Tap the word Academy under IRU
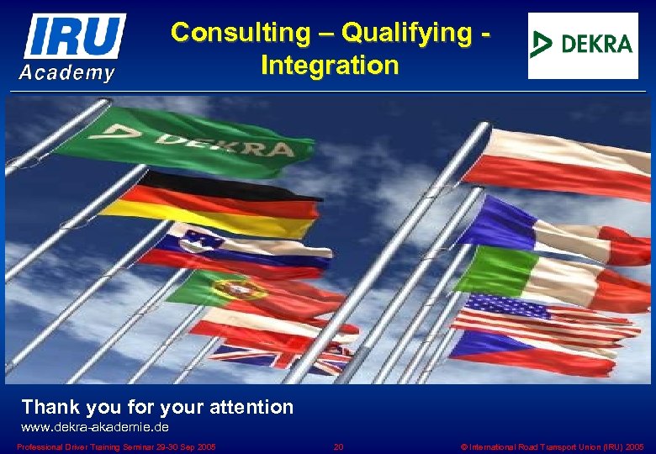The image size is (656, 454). pos(67,73)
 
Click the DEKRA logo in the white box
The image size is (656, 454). pos(583,44)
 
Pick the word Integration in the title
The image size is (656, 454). pos(330,65)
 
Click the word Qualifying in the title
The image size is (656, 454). pos(406,33)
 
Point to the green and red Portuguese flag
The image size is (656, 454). pos(252,293)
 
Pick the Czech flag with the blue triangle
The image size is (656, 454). pos(530,351)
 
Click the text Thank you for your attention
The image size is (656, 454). pos(157,408)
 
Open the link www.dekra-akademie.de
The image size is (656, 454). pos(94,428)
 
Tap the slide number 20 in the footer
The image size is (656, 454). pos(338,446)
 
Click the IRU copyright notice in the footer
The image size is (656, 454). pos(553,446)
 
